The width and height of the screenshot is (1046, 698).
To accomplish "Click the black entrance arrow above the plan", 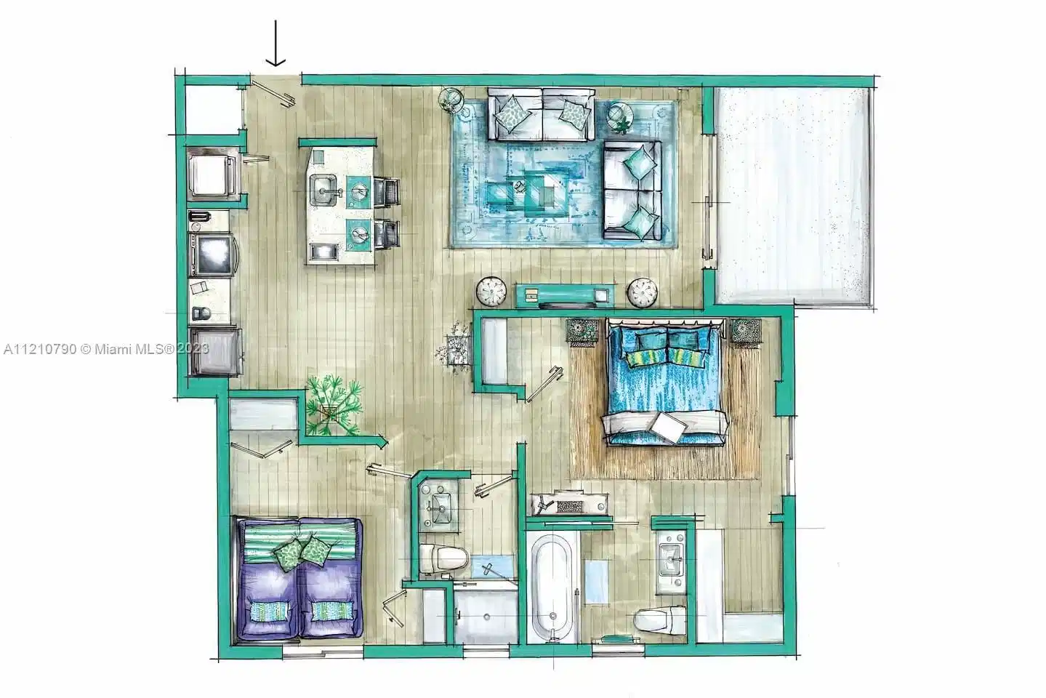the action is (x=275, y=43).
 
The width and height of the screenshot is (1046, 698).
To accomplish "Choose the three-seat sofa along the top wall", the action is (x=541, y=114).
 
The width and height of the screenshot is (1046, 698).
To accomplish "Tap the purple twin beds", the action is (x=299, y=578).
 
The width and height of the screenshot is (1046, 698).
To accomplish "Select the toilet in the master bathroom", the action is (x=660, y=619).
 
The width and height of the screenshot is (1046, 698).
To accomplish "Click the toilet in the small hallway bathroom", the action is (x=443, y=558).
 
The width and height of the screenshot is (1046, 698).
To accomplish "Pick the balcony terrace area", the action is (x=793, y=196).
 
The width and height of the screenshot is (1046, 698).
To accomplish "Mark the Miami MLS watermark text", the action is (x=106, y=349).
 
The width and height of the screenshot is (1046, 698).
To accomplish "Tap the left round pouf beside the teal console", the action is (x=491, y=292).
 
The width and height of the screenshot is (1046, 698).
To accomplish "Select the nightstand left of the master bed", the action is (x=582, y=332).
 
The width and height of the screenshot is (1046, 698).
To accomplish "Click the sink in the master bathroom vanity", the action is (x=671, y=559).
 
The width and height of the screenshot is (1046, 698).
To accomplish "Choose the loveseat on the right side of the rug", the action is (x=632, y=190).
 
